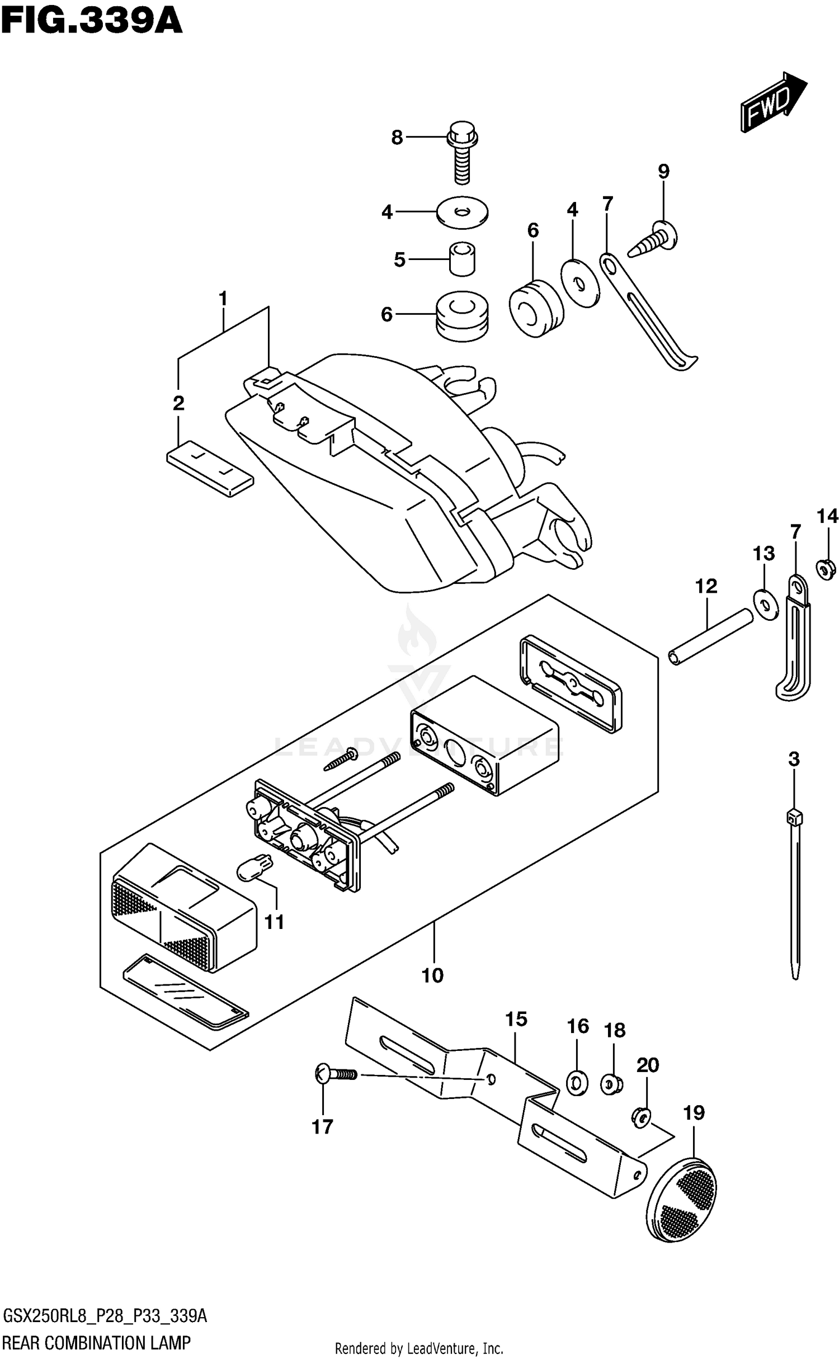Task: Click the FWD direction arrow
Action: pos(773,102)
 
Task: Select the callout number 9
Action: pos(663,171)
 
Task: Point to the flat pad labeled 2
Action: pos(210,468)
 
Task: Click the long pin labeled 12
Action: pos(711,636)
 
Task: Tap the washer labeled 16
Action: pos(577,1083)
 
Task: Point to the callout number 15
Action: pos(516,1019)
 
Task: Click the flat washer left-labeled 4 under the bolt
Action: pos(462,213)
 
